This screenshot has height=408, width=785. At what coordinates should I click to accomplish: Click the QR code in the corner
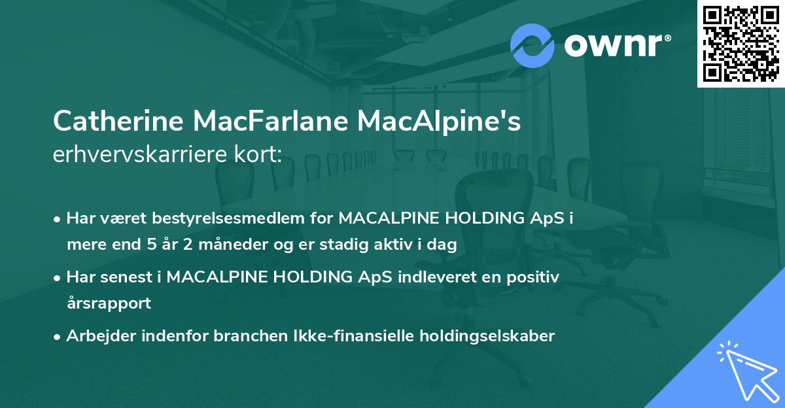click(741, 43)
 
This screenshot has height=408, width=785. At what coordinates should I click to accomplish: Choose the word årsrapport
click(109, 303)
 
